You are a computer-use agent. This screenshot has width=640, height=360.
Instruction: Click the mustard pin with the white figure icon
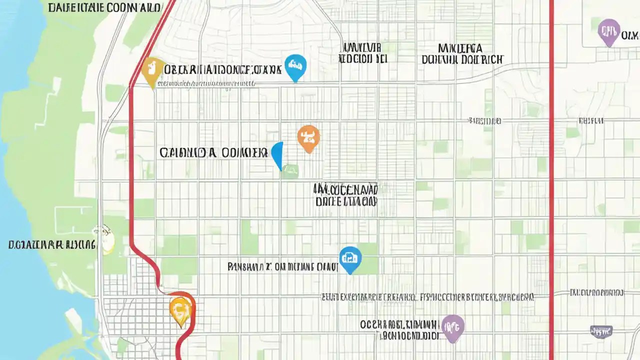[x=152, y=70]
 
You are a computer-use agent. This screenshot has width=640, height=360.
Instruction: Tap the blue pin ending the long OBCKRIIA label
[x=295, y=66]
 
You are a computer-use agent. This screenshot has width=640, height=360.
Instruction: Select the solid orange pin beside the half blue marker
[x=308, y=137]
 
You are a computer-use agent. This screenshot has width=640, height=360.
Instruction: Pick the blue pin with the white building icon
[x=350, y=258]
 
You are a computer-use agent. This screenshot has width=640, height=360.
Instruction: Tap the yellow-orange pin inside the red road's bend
[x=180, y=310]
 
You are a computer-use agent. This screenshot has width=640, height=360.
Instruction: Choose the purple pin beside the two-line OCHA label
[x=453, y=327]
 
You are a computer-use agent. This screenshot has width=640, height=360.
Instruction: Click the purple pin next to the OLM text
[x=609, y=31]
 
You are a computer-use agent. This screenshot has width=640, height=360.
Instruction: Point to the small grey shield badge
[x=601, y=330]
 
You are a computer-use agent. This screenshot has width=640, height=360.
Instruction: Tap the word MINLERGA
[x=460, y=48]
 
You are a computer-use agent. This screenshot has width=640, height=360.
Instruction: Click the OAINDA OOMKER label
[x=213, y=152]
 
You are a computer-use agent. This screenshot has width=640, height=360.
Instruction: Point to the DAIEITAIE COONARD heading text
[x=104, y=7]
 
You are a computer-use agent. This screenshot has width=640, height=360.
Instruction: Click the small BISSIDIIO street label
[x=484, y=120]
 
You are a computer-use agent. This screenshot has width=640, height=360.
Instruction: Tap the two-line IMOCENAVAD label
[x=345, y=195]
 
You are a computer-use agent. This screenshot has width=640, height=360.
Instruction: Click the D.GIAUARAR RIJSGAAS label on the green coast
[x=51, y=244]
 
